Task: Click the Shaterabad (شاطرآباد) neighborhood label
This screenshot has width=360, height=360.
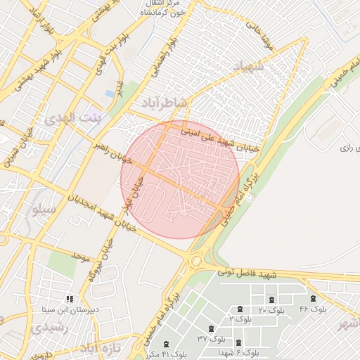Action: [x=167, y=103]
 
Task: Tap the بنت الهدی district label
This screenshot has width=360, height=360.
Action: [x=73, y=119]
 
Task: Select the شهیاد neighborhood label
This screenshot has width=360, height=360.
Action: [x=245, y=67]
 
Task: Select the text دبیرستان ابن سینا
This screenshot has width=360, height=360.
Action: [x=67, y=309]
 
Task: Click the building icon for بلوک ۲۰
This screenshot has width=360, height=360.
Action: [x=271, y=300]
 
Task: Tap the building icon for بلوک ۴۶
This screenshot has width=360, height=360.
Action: [x=312, y=299]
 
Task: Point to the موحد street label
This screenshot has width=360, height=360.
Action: [x=81, y=258]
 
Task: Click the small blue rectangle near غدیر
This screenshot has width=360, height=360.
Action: [x=110, y=93]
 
